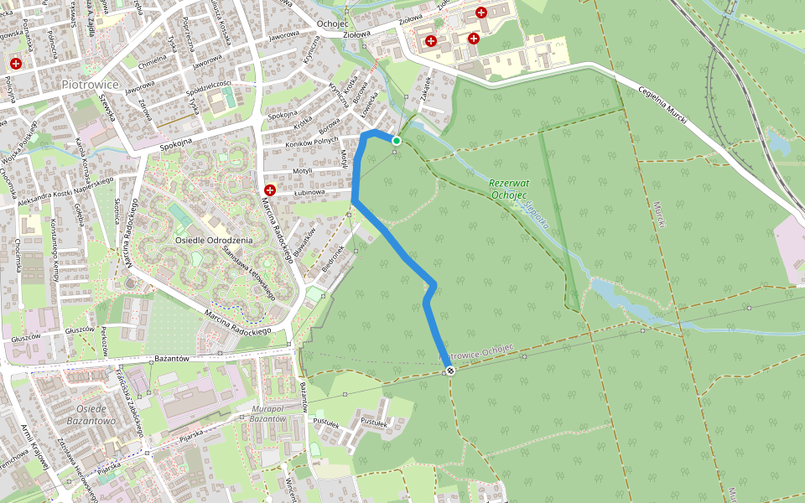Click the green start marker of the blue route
[x=397, y=141]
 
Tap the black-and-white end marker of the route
[x=450, y=371]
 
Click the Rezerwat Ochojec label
[x=508, y=188]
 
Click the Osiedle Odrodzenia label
[x=214, y=240]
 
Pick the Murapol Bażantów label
[x=268, y=412]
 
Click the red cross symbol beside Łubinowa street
[x=270, y=190]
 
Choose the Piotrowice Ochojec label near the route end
[x=476, y=351]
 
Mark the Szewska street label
[x=105, y=106]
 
